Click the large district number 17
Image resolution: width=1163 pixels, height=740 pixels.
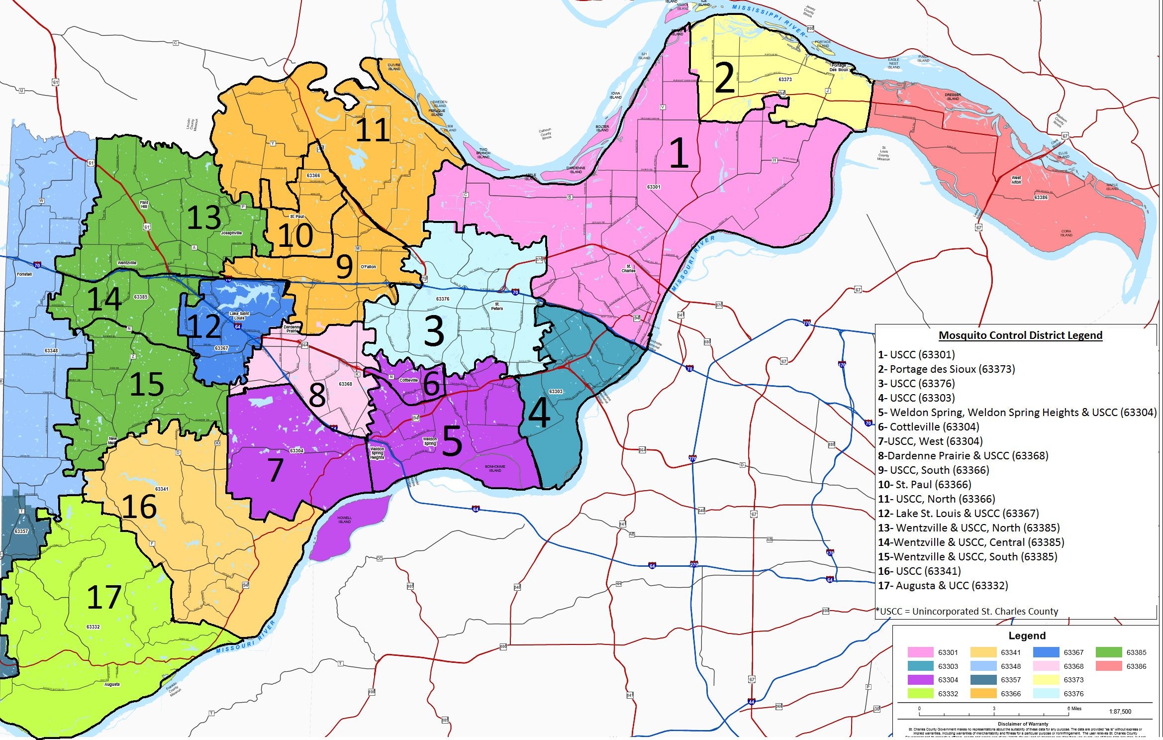[104, 597]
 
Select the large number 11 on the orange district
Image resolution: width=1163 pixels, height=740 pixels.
[373, 130]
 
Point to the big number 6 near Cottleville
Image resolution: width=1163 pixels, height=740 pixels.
[431, 383]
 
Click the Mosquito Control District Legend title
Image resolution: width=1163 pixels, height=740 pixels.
[1020, 335]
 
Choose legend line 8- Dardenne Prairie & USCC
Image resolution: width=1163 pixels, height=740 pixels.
[963, 455]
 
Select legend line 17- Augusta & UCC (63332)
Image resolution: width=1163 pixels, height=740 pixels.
[943, 585]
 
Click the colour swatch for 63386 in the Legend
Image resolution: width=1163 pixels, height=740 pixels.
[1109, 666]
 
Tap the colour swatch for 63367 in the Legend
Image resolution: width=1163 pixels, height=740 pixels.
[1046, 652]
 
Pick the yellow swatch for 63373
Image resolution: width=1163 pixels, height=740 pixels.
[1046, 680]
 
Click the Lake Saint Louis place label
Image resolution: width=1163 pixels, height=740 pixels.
[239, 316]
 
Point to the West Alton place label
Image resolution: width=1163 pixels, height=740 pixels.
[1016, 180]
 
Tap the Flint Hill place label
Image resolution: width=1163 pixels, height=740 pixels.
[144, 205]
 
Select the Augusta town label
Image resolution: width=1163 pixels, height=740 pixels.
[112, 684]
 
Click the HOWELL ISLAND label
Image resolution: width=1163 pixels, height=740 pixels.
[344, 520]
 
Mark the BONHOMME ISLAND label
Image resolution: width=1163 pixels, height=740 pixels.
[495, 468]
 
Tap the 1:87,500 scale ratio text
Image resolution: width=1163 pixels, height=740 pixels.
[1120, 712]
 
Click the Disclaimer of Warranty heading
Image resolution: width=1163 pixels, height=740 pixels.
[1023, 724]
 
